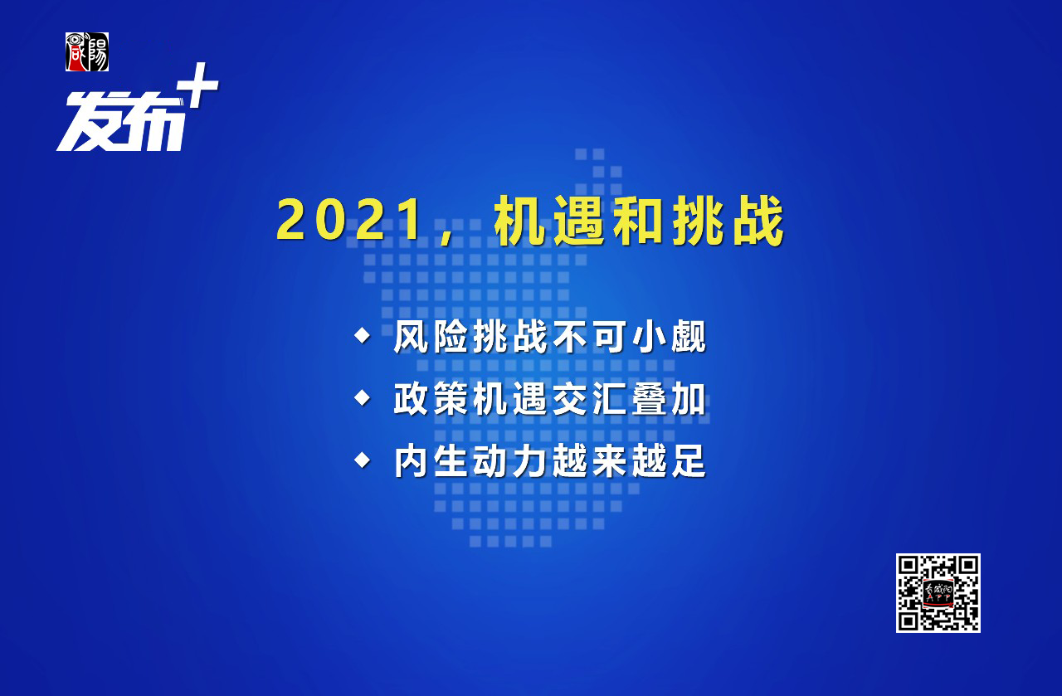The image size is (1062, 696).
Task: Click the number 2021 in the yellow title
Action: [x=348, y=220]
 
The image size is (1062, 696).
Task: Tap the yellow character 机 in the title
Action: [x=519, y=220]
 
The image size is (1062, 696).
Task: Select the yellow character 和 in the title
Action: [x=639, y=220]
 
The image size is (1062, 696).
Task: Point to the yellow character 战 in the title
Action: [x=758, y=220]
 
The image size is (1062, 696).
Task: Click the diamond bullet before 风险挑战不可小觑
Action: [x=363, y=335]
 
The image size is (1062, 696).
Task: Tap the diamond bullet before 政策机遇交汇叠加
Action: [x=363, y=398]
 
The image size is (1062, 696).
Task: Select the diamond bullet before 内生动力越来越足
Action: [x=363, y=460]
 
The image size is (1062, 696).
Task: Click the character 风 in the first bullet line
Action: [x=412, y=337]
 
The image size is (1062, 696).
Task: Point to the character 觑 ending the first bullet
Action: [x=689, y=337]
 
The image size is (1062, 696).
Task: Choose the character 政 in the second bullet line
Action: [x=412, y=399]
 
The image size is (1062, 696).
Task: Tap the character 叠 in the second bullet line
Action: [x=649, y=399]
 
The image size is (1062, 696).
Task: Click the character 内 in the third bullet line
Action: [x=412, y=461]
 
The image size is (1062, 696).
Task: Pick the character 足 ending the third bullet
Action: [x=689, y=461]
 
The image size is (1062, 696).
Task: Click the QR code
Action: [x=938, y=592]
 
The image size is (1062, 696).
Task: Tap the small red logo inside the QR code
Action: [x=938, y=592]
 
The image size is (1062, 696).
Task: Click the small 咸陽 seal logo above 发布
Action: [x=87, y=51]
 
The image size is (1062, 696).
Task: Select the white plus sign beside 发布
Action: [x=197, y=85]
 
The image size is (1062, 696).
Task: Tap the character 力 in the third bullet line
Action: [x=530, y=461]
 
